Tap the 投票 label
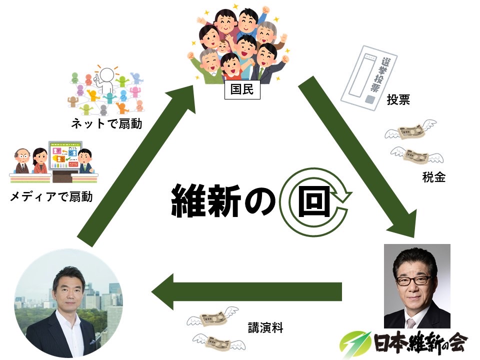(x=398, y=100)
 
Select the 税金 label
(x=433, y=176)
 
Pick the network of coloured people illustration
(x=105, y=90)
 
